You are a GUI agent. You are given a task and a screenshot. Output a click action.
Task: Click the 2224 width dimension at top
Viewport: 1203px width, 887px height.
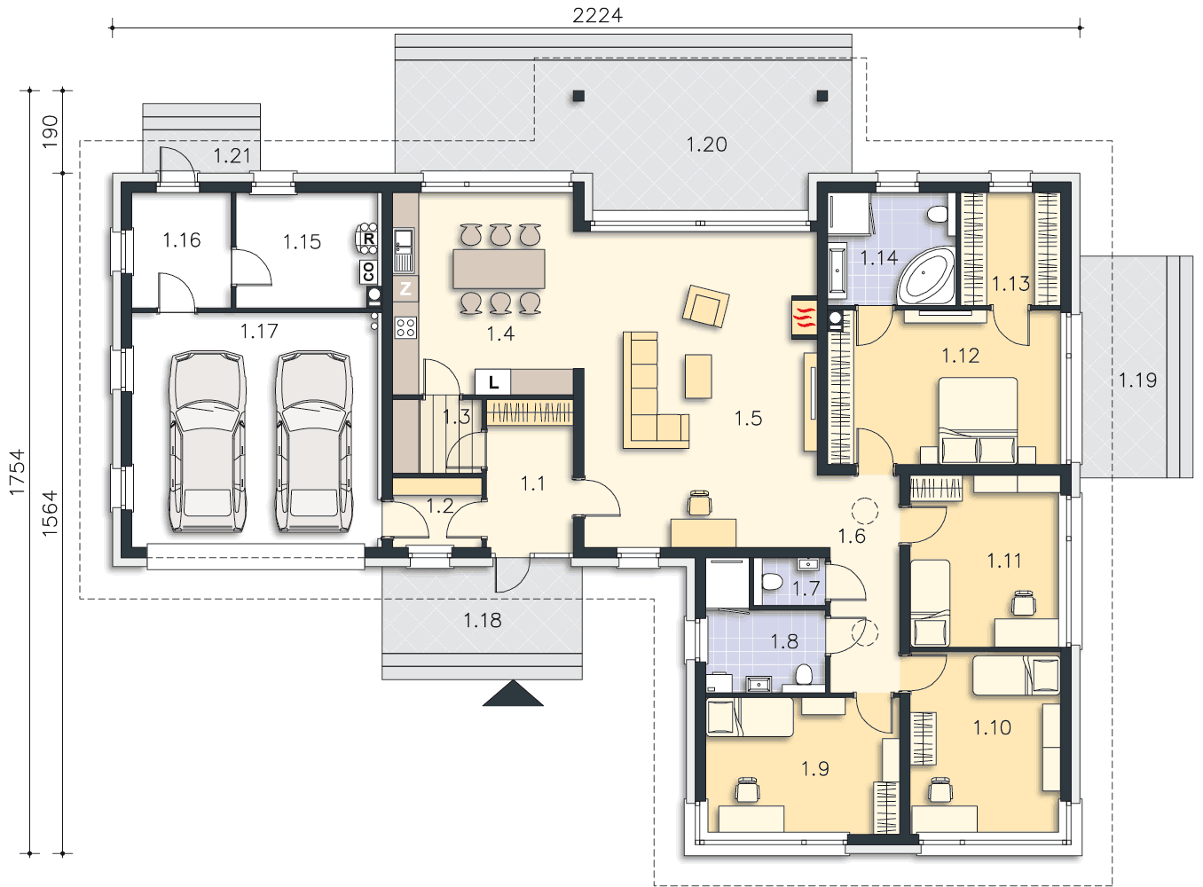[597, 15]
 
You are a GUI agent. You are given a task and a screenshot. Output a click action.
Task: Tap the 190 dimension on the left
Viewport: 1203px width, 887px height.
[50, 131]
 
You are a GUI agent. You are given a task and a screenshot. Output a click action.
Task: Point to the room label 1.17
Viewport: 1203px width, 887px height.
[259, 331]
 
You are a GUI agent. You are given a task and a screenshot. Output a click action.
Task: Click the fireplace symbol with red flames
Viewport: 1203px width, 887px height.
[804, 318]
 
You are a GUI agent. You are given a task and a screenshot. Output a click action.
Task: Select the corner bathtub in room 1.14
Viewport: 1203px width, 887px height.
[926, 276]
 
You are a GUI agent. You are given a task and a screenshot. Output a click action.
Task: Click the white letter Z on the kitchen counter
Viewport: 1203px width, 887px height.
[405, 288]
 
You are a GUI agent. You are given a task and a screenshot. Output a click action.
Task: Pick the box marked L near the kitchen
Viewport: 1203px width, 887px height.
[492, 382]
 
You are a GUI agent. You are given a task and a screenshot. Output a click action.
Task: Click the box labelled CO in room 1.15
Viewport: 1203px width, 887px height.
[368, 271]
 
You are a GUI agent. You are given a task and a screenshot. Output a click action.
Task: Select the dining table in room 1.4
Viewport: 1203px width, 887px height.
[499, 269]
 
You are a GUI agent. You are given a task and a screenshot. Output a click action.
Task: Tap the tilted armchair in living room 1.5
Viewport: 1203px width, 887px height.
[705, 306]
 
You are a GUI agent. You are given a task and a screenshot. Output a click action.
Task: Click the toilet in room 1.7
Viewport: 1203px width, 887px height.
[772, 582]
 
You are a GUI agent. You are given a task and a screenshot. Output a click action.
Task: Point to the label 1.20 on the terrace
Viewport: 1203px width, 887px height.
[707, 145]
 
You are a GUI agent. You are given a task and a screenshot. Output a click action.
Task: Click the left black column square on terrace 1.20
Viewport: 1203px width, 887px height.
[578, 96]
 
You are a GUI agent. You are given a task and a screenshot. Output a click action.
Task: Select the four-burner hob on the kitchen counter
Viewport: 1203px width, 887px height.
[405, 327]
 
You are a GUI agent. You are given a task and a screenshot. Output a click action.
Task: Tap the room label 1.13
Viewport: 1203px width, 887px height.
[1010, 284]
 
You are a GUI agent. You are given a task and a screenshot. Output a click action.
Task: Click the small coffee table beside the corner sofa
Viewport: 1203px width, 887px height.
[698, 376]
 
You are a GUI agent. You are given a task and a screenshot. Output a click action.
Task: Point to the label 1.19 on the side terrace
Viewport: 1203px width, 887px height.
[1137, 381]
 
